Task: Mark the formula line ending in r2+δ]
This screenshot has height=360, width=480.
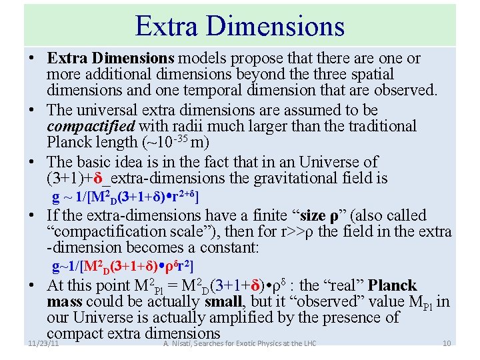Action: click(x=126, y=197)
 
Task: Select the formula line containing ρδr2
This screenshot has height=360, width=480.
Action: click(x=123, y=267)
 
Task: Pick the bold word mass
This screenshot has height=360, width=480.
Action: click(x=65, y=302)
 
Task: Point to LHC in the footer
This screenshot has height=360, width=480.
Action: click(x=307, y=343)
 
